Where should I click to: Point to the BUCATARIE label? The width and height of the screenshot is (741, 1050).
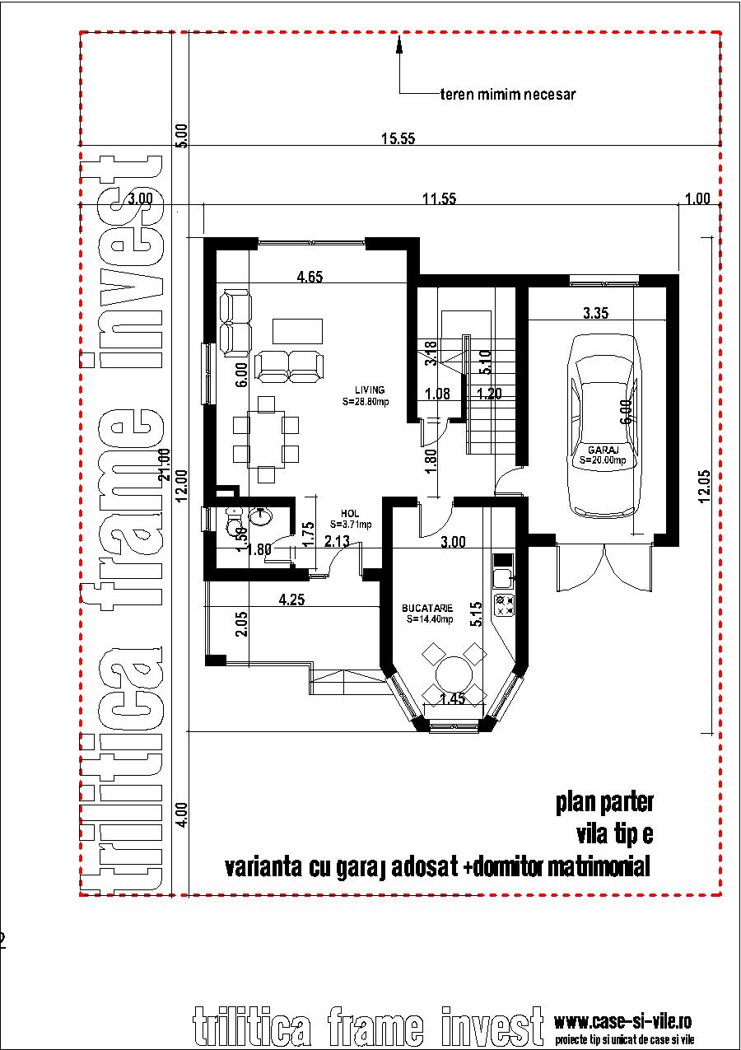(426, 608)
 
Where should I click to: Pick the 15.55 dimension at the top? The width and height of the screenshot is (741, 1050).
(397, 139)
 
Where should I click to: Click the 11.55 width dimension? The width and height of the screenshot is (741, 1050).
(439, 198)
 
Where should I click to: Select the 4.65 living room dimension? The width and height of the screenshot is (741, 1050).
(310, 277)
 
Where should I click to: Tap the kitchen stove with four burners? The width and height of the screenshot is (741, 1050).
(503, 605)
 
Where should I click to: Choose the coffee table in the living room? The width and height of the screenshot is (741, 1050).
(298, 330)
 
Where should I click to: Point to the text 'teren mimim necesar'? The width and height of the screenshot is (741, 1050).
(507, 94)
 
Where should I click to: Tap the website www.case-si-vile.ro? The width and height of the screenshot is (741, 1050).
(622, 1022)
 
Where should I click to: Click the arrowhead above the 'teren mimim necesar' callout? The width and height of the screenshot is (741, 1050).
(400, 46)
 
